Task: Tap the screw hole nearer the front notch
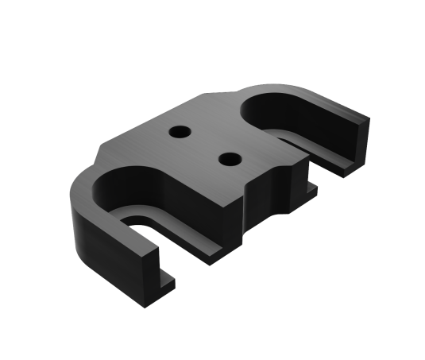tap(230, 158)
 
